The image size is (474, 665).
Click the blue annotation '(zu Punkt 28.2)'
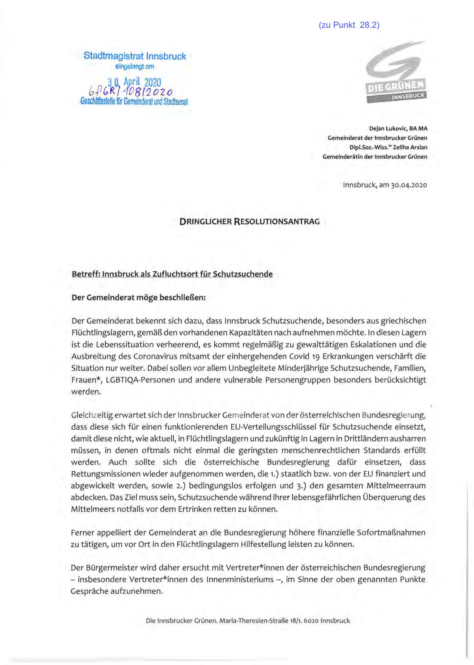pyautogui.click(x=349, y=25)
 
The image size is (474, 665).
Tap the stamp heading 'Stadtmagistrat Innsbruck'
pyautogui.click(x=135, y=56)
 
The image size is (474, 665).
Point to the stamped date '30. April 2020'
pyautogui.click(x=134, y=82)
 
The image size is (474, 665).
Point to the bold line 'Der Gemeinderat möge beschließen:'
pyautogui.click(x=139, y=298)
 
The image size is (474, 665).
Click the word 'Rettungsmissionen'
pyautogui.click(x=100, y=474)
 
